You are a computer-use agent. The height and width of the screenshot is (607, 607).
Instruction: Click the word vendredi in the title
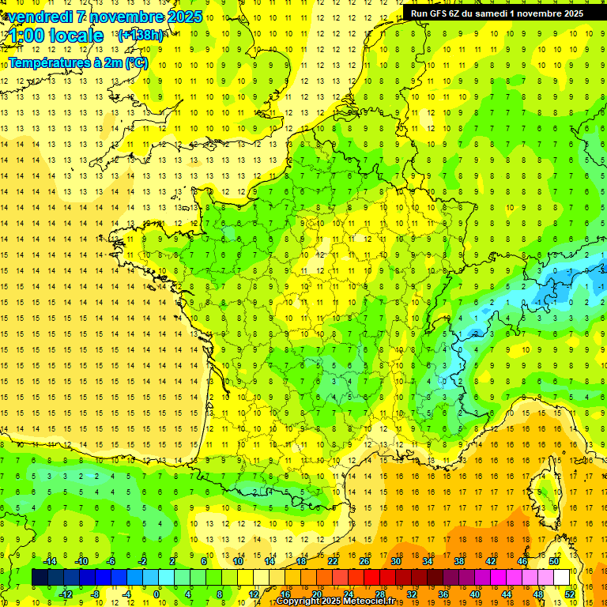pos(40,17)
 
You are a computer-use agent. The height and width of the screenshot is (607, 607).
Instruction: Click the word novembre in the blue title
pos(126,17)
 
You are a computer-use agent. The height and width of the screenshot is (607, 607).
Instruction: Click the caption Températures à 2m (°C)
pos(78,62)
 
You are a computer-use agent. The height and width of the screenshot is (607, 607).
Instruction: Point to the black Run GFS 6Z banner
pos(497,13)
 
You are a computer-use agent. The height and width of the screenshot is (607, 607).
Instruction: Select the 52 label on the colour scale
pos(570,594)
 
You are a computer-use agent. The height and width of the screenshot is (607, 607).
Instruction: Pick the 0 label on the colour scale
pos(156,594)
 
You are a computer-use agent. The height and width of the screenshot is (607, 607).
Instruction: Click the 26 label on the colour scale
pos(364,561)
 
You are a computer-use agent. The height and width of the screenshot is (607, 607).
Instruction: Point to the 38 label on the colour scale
pos(459,561)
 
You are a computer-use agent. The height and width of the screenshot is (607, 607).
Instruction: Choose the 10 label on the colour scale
pos(238,561)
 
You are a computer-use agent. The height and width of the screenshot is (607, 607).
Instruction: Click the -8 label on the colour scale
pos(96,594)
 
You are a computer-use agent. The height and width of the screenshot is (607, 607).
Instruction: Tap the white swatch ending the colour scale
pos(562,578)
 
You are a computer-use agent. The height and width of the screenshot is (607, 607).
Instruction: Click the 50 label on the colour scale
pos(554,561)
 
